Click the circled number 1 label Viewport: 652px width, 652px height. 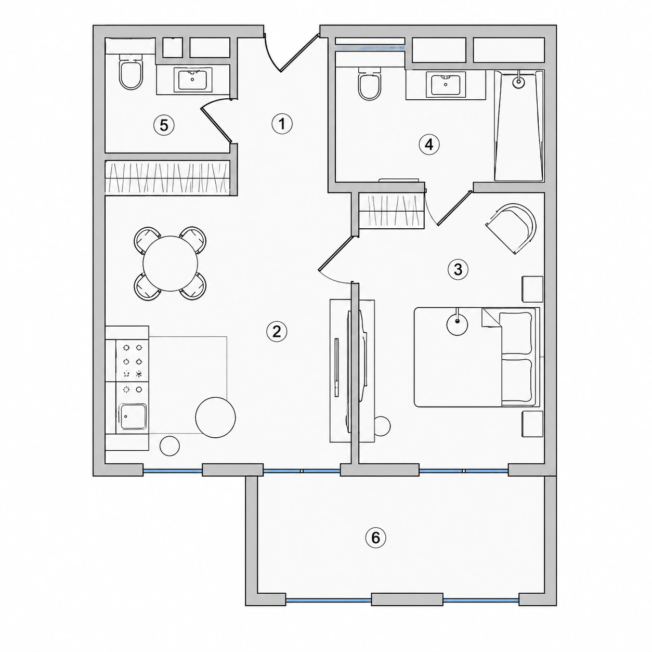(x=282, y=124)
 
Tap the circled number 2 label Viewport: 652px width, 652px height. (x=277, y=332)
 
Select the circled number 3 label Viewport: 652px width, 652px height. (x=458, y=270)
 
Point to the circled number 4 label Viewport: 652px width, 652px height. (x=429, y=145)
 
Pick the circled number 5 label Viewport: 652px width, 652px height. (x=164, y=125)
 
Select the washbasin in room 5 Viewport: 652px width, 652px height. (x=193, y=80)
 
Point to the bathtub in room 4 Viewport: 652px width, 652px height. (x=519, y=125)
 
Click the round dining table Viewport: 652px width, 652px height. (x=170, y=264)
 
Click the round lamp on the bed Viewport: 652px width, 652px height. (x=458, y=324)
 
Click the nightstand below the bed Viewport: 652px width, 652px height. (x=532, y=424)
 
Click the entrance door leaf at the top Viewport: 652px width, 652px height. (x=300, y=54)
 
